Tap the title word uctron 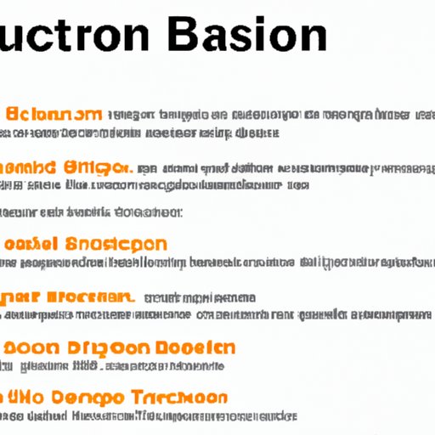tap(76, 37)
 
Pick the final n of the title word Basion tap(310, 37)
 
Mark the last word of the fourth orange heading tap(93, 297)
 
